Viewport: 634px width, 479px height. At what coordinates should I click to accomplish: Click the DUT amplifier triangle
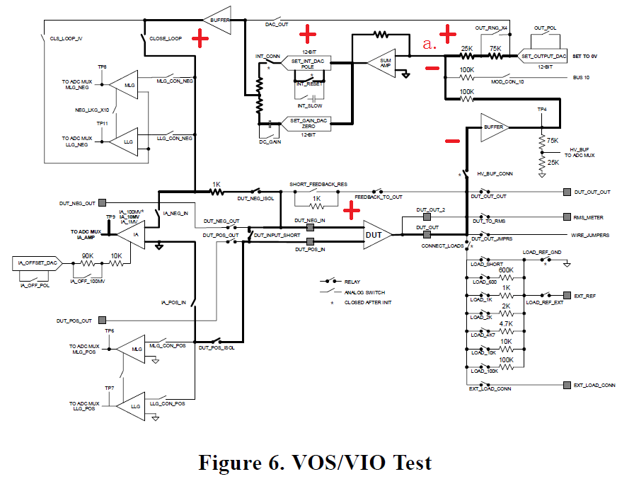tap(376, 235)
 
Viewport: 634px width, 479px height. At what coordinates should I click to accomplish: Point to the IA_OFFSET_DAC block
tap(35, 263)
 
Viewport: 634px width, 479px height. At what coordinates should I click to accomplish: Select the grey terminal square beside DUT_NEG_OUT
tap(103, 203)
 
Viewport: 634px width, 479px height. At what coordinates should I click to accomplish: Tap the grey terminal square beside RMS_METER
tap(567, 217)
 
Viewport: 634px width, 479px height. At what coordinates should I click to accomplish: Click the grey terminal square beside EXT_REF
tap(567, 294)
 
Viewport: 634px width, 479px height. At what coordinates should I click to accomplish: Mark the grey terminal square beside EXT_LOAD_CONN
tap(567, 385)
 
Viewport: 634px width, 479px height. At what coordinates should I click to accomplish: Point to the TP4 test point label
tap(542, 110)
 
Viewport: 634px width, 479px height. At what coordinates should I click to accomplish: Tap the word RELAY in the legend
tap(352, 281)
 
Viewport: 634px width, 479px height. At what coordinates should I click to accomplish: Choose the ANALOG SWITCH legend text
tap(364, 292)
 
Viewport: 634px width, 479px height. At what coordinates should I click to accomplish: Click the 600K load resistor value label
tap(506, 270)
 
